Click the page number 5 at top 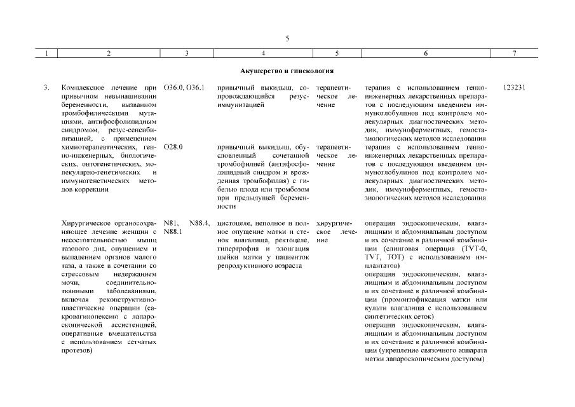click(x=287, y=39)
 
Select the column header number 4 click(x=263, y=54)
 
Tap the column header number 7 click(x=514, y=54)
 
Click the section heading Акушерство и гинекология click(x=287, y=71)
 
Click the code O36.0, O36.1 click(x=184, y=87)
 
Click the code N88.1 click(x=173, y=232)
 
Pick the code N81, click(x=170, y=224)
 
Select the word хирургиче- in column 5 click(x=333, y=224)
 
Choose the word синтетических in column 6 click(x=386, y=316)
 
